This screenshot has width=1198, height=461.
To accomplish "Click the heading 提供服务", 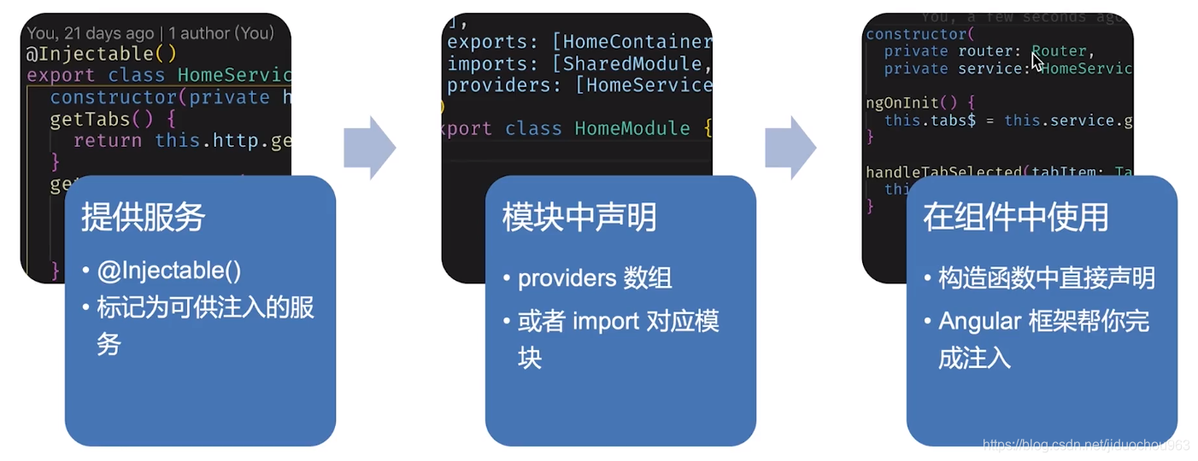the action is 144,218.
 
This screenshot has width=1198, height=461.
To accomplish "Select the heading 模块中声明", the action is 579,218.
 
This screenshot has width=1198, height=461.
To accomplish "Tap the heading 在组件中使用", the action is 1015,218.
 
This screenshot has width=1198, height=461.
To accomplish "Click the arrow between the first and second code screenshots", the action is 369,148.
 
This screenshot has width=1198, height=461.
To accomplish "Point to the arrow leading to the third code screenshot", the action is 790,148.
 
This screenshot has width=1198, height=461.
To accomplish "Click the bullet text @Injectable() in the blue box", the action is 169,271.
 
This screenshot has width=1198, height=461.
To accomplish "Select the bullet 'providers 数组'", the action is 595,278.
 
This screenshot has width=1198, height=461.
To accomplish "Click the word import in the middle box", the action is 606,322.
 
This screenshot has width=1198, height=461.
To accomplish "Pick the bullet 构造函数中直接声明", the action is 1047,278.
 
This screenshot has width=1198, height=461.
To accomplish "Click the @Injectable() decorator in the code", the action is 102,54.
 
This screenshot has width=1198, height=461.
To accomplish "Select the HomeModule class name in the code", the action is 631,128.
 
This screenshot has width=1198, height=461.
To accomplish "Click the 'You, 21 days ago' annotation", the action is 90,33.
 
